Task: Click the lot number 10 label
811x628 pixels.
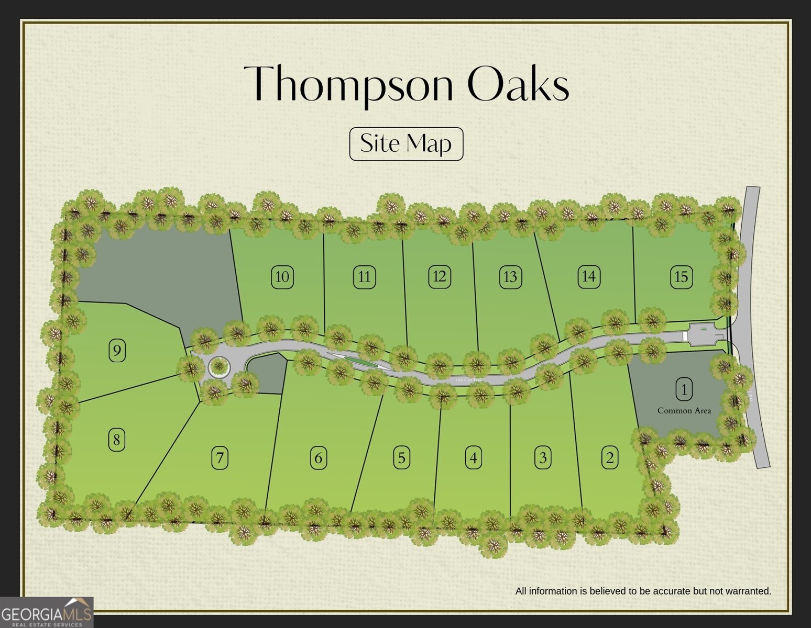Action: [x=282, y=277]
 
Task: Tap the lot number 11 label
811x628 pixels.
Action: [x=364, y=277]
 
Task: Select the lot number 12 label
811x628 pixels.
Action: [x=439, y=276]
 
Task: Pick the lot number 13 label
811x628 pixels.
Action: [x=510, y=277]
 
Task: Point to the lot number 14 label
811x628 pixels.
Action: [x=588, y=276]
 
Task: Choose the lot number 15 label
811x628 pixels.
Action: [x=681, y=277]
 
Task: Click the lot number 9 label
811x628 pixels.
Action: [x=117, y=350]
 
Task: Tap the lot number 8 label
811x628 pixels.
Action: [x=116, y=440]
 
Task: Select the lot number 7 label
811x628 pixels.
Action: [x=220, y=458]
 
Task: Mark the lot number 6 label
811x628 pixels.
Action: [x=318, y=458]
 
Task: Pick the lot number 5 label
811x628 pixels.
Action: [x=401, y=458]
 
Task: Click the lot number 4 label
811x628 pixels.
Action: [x=473, y=458]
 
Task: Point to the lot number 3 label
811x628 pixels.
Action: [x=543, y=458]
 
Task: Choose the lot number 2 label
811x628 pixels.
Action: [x=609, y=458]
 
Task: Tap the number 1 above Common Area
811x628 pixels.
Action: [x=684, y=389]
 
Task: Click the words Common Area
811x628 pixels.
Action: [x=684, y=411]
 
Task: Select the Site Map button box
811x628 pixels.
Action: [x=406, y=144]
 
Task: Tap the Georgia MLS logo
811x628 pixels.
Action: [x=47, y=612]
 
